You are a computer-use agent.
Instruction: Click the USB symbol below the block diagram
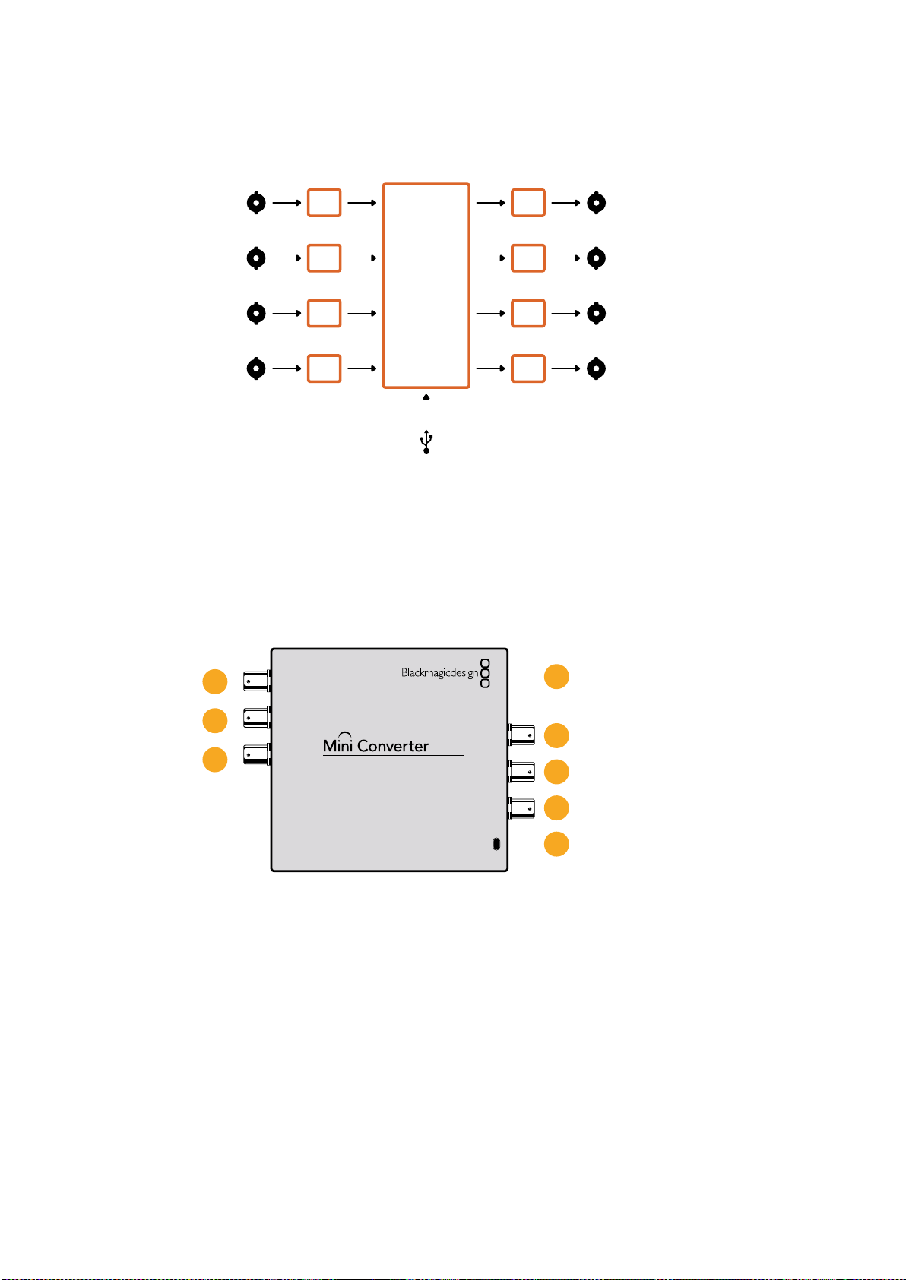pyautogui.click(x=426, y=441)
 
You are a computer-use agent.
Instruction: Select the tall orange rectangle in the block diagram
pyautogui.click(x=426, y=183)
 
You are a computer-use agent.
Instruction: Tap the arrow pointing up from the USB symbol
pyautogui.click(x=426, y=408)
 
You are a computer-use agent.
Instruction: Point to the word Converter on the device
pyautogui.click(x=393, y=746)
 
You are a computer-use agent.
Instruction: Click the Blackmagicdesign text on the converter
pyautogui.click(x=439, y=672)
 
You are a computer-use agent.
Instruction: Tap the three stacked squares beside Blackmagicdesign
pyautogui.click(x=485, y=673)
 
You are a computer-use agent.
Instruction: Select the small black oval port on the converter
pyautogui.click(x=496, y=844)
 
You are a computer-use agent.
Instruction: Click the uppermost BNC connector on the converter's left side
pyautogui.click(x=257, y=681)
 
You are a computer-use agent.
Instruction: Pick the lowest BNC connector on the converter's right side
pyautogui.click(x=522, y=808)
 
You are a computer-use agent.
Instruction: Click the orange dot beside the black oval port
pyautogui.click(x=556, y=844)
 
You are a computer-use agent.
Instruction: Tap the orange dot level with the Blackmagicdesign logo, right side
pyautogui.click(x=556, y=677)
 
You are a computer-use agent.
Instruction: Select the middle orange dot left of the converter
pyautogui.click(x=215, y=721)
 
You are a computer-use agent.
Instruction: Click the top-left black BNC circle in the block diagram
pyautogui.click(x=256, y=203)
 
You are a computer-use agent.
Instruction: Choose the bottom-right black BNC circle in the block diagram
pyautogui.click(x=596, y=368)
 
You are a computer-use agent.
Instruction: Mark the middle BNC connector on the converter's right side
pyautogui.click(x=522, y=772)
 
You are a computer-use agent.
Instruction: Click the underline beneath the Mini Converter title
pyautogui.click(x=393, y=755)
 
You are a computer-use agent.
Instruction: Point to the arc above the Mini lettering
pyautogui.click(x=344, y=732)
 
